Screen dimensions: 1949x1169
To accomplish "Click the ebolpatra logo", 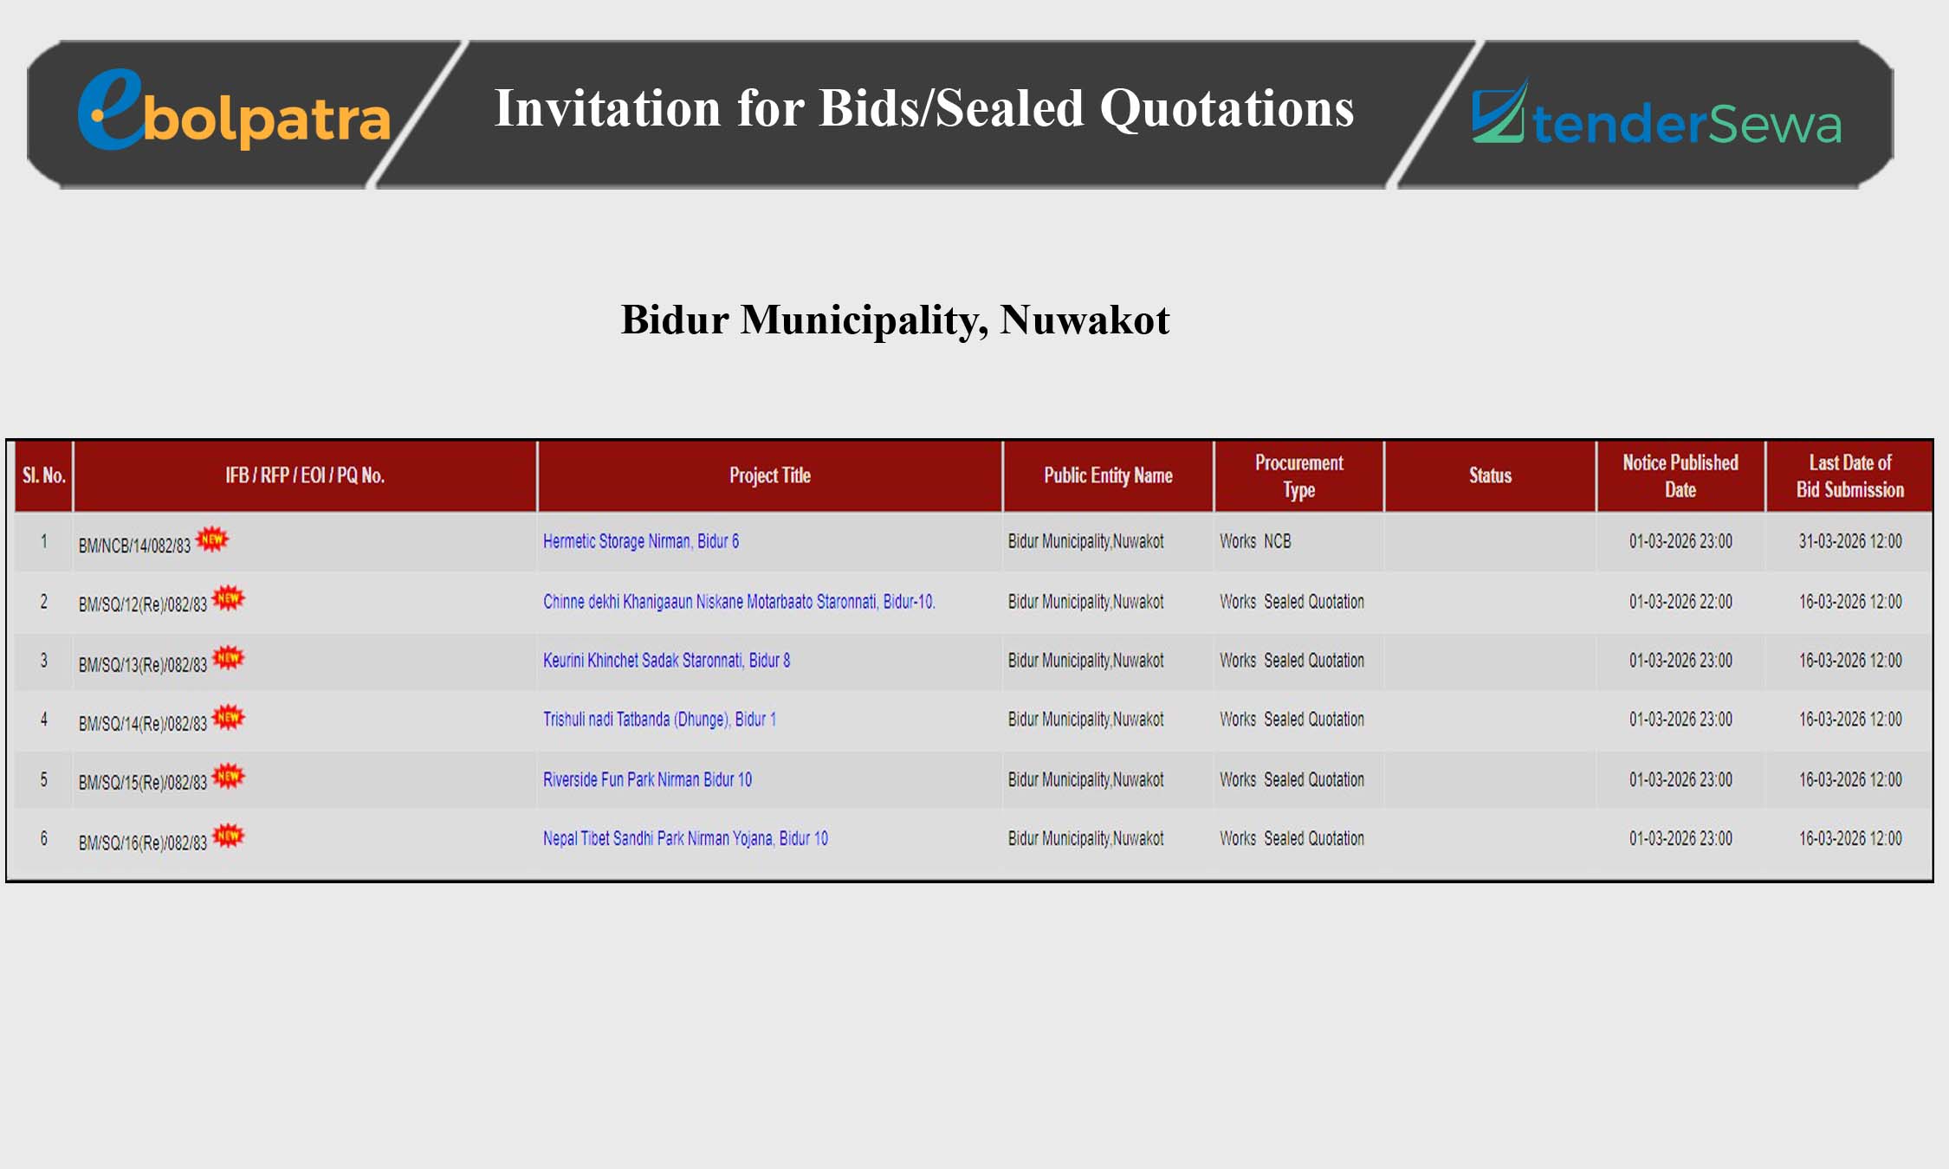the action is click(x=234, y=111).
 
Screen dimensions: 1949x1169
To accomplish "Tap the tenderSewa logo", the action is click(x=1656, y=113).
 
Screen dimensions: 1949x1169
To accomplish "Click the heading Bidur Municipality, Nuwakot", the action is click(x=895, y=320).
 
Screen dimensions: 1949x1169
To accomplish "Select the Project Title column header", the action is click(x=769, y=475).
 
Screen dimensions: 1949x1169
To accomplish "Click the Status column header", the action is click(x=1490, y=475).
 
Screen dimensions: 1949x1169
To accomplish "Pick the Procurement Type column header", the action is click(x=1298, y=475).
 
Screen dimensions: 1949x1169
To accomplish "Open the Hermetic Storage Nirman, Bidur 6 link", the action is click(x=641, y=541).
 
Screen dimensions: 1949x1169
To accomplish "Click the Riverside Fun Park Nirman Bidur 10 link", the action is click(x=647, y=779).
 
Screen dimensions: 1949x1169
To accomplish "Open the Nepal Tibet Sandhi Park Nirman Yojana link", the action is click(x=685, y=838).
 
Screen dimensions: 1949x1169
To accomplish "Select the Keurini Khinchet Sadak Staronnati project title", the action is click(x=666, y=661).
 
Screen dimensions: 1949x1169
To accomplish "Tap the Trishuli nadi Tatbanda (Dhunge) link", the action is click(x=659, y=720).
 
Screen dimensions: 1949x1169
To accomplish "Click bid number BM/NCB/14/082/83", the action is click(x=134, y=546).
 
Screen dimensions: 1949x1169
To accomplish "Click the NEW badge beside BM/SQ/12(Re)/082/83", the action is click(x=229, y=597).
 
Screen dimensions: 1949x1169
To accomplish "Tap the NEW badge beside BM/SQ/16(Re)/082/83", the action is click(x=229, y=836).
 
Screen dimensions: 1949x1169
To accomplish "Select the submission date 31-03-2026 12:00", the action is click(x=1850, y=541).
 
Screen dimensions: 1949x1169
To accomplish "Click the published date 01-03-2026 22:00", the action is click(x=1680, y=602).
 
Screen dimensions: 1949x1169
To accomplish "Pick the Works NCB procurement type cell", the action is click(x=1255, y=541).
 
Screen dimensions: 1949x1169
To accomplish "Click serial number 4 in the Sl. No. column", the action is click(x=43, y=720).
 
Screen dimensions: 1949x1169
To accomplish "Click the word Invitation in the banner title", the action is click(x=607, y=108).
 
